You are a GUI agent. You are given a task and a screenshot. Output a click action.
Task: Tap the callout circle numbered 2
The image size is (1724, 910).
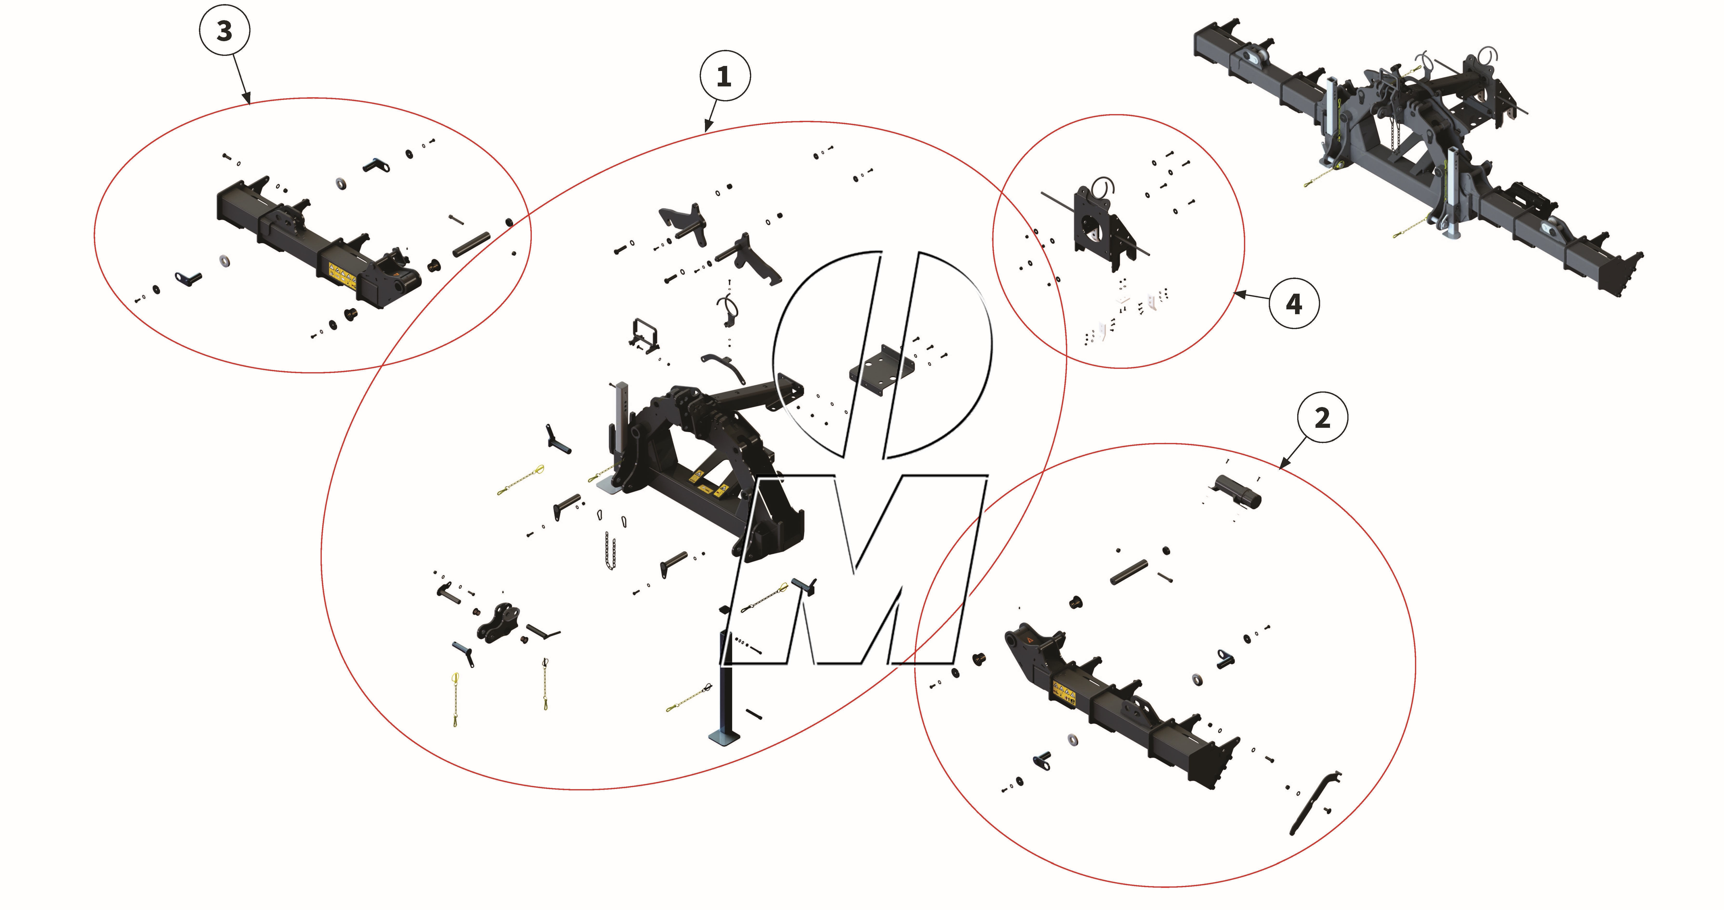coord(1323,417)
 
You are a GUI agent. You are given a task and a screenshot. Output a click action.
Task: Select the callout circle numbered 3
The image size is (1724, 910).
coord(224,31)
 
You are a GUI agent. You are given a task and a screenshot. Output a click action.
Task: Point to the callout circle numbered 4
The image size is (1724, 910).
coord(1294,304)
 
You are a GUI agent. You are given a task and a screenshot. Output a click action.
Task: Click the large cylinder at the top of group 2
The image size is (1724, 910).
coord(1238,492)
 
